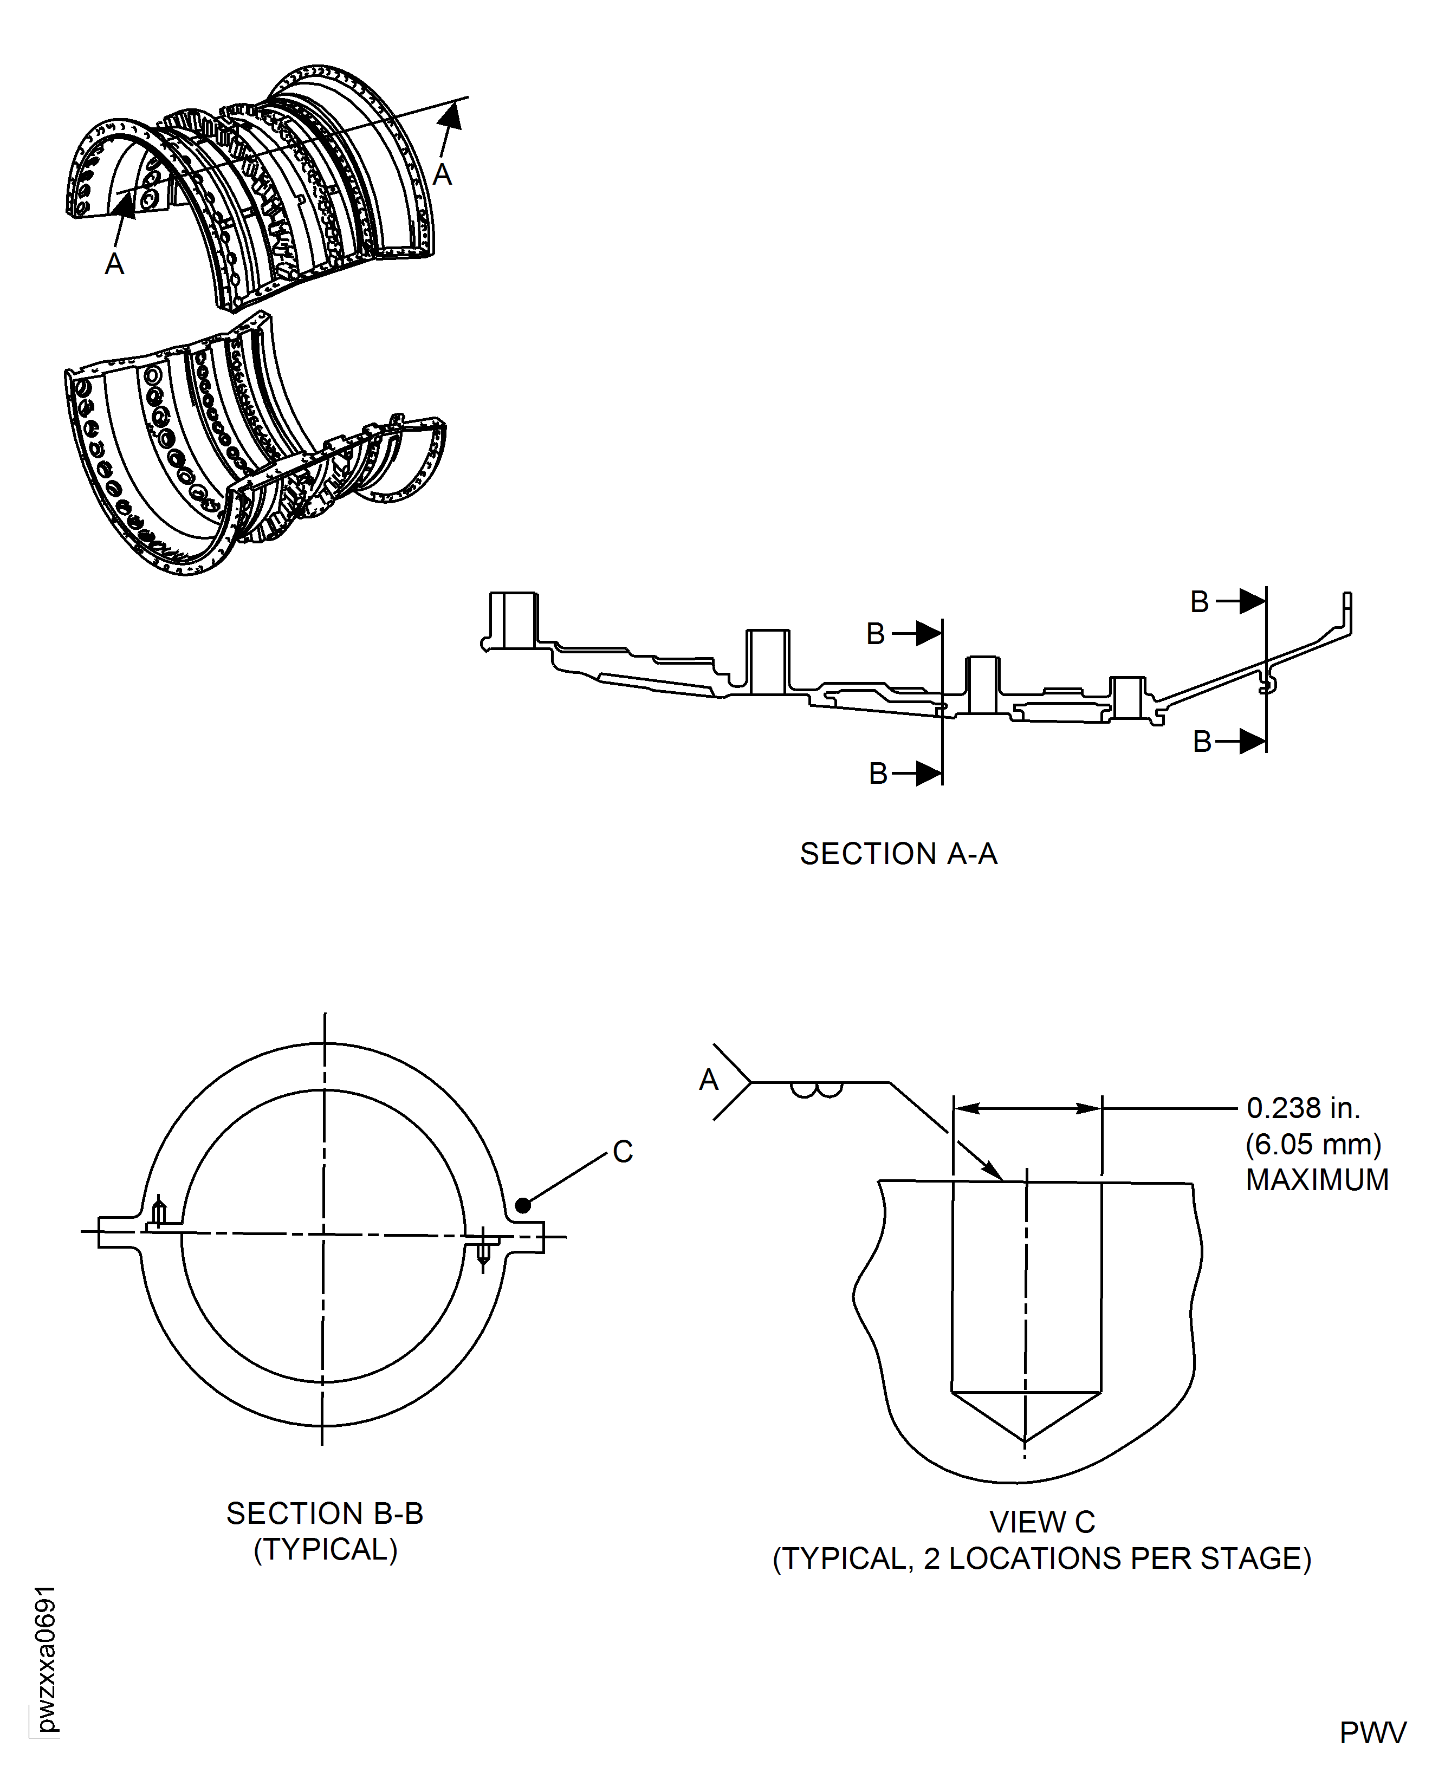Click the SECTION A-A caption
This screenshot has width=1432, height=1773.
tap(898, 854)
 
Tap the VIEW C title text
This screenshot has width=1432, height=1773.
tap(1042, 1522)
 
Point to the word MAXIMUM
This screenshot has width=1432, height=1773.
tap(1317, 1180)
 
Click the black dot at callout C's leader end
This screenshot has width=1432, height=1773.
tap(522, 1206)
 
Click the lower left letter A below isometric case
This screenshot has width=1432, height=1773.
tap(115, 264)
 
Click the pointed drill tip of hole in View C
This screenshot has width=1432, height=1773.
tap(1025, 1441)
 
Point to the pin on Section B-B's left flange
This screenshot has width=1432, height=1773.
tap(159, 1212)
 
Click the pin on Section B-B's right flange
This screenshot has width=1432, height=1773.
tap(483, 1251)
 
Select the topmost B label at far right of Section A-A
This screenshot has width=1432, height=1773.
tap(1200, 602)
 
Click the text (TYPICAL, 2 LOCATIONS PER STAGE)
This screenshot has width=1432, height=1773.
tap(1042, 1558)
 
